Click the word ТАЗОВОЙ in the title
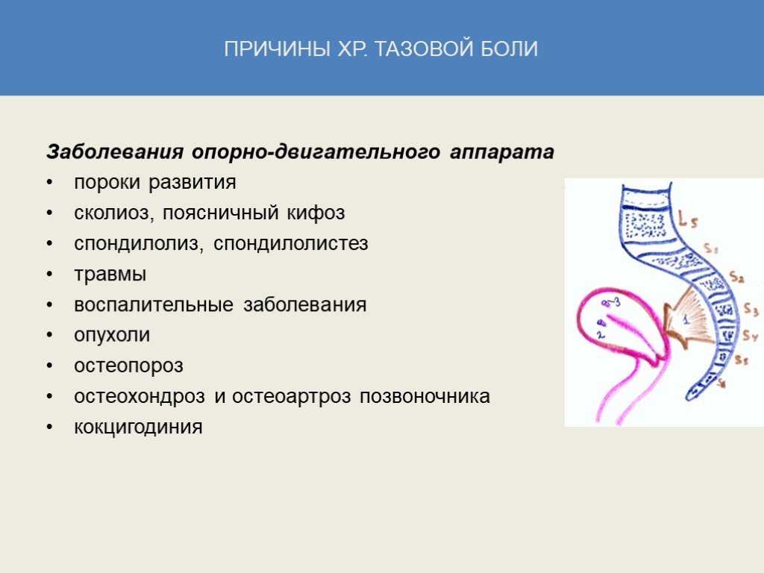[424, 48]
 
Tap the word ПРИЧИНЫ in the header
[278, 48]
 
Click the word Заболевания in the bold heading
[115, 151]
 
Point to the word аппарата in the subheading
[502, 152]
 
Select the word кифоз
[316, 213]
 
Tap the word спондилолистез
[290, 244]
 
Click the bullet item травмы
[110, 275]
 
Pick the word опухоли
[112, 335]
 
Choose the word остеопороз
[128, 366]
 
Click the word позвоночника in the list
[425, 397]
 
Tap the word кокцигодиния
[138, 428]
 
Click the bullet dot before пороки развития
[50, 183]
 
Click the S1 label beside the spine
[711, 248]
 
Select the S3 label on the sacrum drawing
[751, 310]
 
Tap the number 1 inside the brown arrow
[686, 319]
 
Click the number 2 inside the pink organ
[601, 335]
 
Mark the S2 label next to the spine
[736, 278]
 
